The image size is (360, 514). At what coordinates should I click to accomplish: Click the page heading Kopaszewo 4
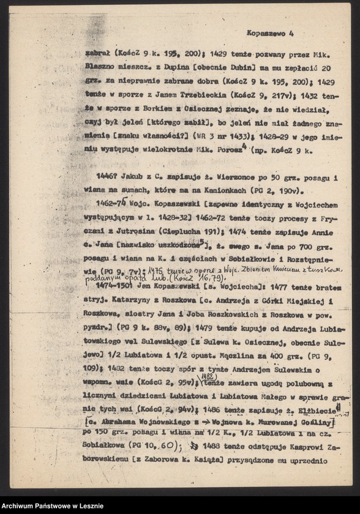tap(270, 35)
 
